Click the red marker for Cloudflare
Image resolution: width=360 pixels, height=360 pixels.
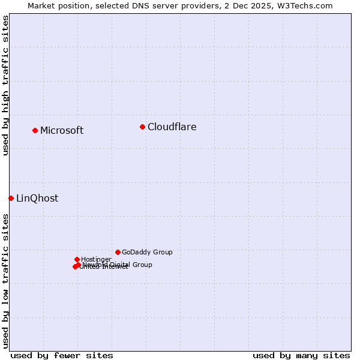pos(142,127)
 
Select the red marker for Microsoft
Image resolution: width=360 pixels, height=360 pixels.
pos(35,130)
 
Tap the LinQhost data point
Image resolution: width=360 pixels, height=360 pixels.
pos(11,198)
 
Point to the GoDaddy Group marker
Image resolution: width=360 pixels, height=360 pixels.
pos(118,252)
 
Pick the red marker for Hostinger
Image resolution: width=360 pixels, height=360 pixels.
pos(77,259)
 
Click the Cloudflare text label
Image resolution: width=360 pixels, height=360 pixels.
pos(172,127)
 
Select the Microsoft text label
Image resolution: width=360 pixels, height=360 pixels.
pos(62,131)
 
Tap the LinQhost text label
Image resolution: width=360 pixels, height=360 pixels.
pos(37,199)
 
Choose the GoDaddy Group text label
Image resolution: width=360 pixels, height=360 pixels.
pos(147,252)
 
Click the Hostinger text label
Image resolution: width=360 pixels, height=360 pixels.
pos(96,259)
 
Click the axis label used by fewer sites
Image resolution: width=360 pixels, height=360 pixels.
pos(62,355)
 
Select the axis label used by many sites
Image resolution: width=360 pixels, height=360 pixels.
pos(301,355)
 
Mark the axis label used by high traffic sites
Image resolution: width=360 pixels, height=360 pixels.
pos(6,85)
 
